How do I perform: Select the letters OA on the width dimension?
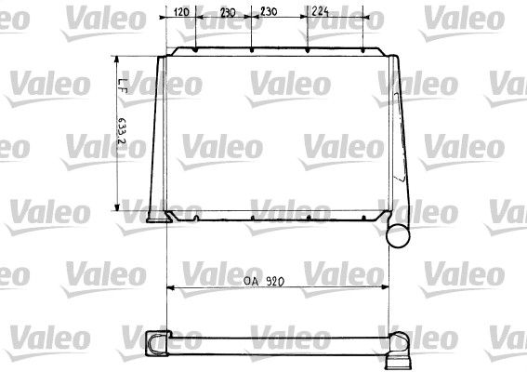250,280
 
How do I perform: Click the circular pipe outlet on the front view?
398,233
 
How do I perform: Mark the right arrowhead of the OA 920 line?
381,288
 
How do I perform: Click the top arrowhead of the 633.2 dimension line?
116,57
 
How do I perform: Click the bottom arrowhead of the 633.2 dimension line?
116,208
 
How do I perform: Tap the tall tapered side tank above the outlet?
397,139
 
